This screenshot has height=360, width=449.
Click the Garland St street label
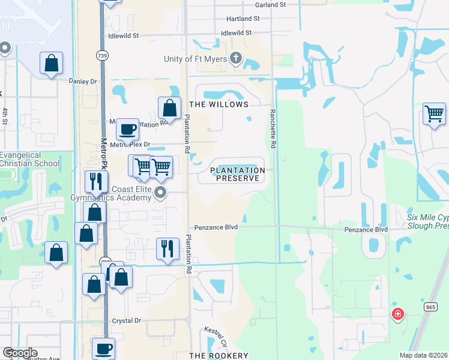coord(270,5)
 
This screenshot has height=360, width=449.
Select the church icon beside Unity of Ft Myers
coord(236,58)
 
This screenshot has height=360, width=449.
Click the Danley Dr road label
coord(83,81)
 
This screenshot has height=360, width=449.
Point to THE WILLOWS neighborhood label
coord(220,104)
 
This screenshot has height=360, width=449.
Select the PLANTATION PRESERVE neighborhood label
coord(238,174)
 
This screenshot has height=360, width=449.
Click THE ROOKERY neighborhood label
coord(218,356)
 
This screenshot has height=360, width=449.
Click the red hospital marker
coord(397,314)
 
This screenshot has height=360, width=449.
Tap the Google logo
coord(20,353)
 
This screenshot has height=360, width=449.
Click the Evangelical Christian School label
coord(30,159)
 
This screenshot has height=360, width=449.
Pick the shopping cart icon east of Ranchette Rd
coord(433,113)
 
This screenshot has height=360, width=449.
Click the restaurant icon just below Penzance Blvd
coord(167,248)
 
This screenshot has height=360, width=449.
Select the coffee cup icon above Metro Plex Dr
coord(127,128)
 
